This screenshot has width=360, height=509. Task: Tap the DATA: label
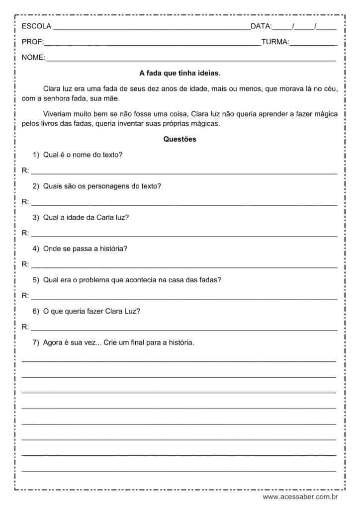pos(261,26)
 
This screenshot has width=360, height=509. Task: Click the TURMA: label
pos(275,42)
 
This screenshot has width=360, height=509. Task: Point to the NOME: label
pos(33,58)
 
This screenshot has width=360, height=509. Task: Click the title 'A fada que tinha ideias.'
pos(180,73)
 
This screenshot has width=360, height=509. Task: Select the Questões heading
pos(180,139)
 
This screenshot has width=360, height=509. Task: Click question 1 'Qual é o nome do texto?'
pos(83,155)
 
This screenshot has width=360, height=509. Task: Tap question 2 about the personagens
pos(102,186)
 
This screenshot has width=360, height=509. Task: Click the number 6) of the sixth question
pos(36,311)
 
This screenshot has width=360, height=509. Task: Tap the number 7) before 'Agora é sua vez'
pos(36,342)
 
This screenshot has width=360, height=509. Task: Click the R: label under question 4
pos(25,264)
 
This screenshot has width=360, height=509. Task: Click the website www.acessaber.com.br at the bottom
pos(300,497)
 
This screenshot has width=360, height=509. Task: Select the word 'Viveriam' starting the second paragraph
pos(58,114)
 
